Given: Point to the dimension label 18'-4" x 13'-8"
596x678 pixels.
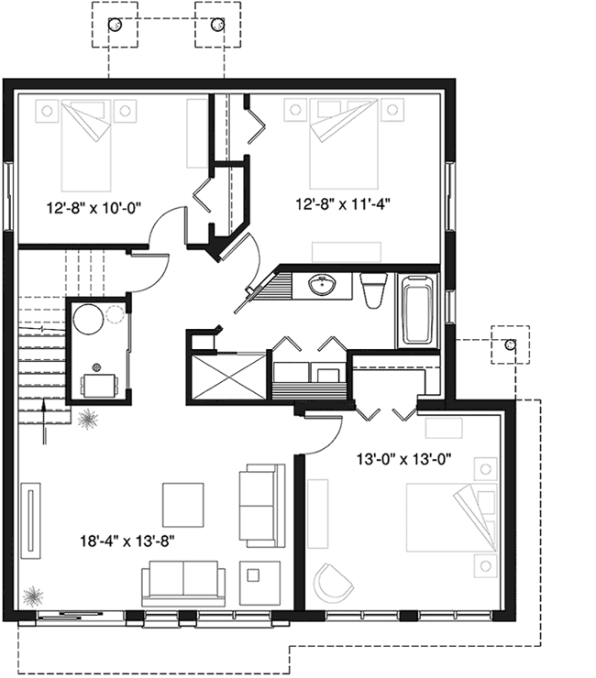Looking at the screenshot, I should pos(127,541).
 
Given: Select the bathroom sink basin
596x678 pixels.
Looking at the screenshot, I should pos(323,287).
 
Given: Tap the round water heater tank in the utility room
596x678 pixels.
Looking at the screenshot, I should pos(90,321).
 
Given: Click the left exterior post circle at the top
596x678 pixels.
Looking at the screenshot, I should pos(115,26).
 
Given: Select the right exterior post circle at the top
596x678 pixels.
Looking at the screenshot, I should pos(216,26).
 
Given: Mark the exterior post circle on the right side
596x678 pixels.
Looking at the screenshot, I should pos(510,344).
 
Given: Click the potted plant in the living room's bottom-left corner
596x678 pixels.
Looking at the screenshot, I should pos(33,596).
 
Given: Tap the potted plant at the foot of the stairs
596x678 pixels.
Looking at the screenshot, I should pos(89,420).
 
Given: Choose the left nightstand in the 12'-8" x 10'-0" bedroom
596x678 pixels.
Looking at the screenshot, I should pos(46,112).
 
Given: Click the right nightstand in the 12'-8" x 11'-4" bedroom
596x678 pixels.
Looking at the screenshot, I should pos(393,110).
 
